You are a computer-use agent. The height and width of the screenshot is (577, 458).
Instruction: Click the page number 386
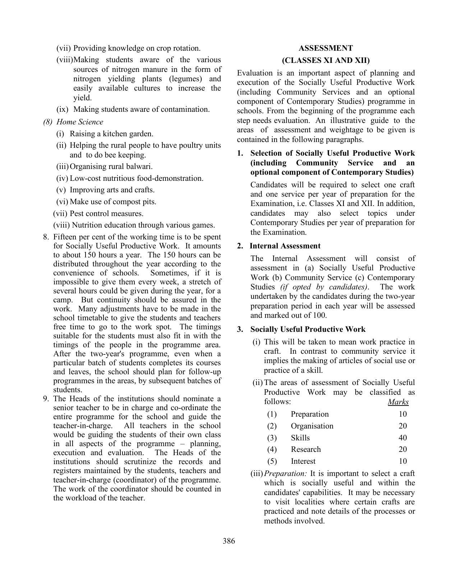click(x=229, y=541)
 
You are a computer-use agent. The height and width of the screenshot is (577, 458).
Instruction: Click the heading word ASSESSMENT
click(x=325, y=48)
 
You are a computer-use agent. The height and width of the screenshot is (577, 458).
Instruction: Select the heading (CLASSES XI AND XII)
click(x=325, y=60)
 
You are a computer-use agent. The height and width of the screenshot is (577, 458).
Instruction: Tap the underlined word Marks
click(x=398, y=402)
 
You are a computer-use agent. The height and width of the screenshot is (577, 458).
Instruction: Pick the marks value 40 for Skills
click(x=402, y=438)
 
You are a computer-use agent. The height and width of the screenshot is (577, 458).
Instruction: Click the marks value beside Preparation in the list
click(x=402, y=414)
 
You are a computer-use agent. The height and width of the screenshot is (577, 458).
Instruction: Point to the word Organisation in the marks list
click(x=312, y=426)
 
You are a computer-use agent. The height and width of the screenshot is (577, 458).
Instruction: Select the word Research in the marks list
click(x=305, y=449)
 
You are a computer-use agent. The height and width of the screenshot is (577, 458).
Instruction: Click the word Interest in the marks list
click(x=303, y=461)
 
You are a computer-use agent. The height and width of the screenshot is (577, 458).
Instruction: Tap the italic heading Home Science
click(x=79, y=122)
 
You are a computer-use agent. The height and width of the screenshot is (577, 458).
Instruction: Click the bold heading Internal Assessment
click(x=285, y=246)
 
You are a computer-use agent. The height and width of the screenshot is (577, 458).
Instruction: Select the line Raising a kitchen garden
click(x=111, y=134)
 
